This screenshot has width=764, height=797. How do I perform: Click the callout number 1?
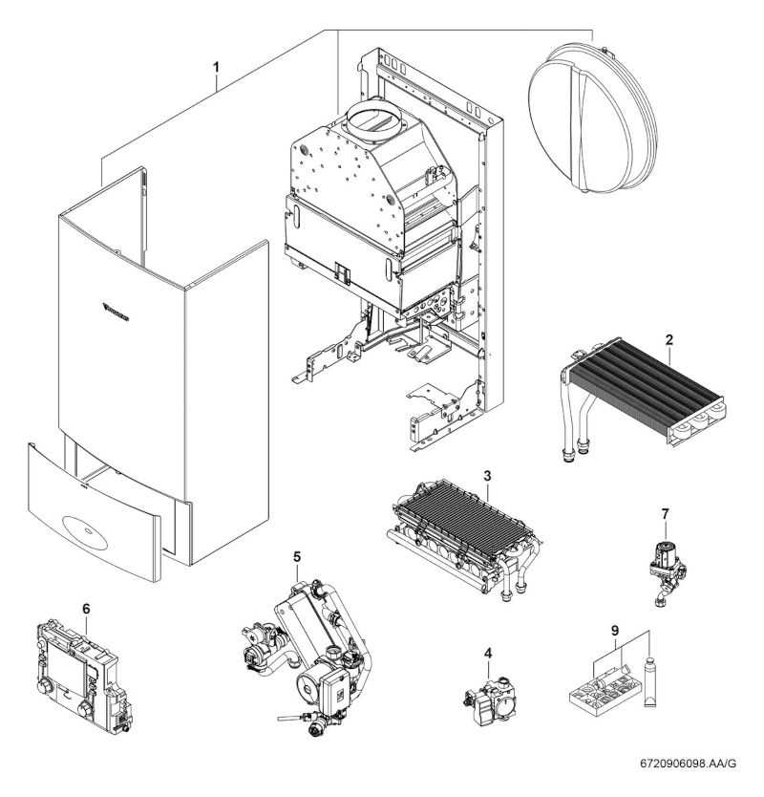(217, 68)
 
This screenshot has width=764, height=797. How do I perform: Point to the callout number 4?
(488, 654)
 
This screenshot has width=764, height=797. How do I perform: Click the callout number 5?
(297, 555)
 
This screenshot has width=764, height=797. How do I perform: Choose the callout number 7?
(665, 514)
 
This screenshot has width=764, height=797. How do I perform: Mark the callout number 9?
(615, 631)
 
